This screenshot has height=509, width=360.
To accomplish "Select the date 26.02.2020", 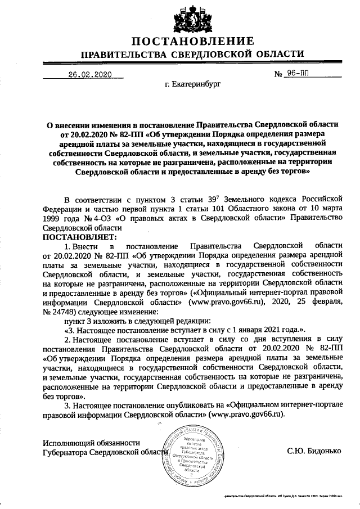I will [x=91, y=74].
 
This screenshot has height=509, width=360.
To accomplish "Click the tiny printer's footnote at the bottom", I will [x=290, y=498].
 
